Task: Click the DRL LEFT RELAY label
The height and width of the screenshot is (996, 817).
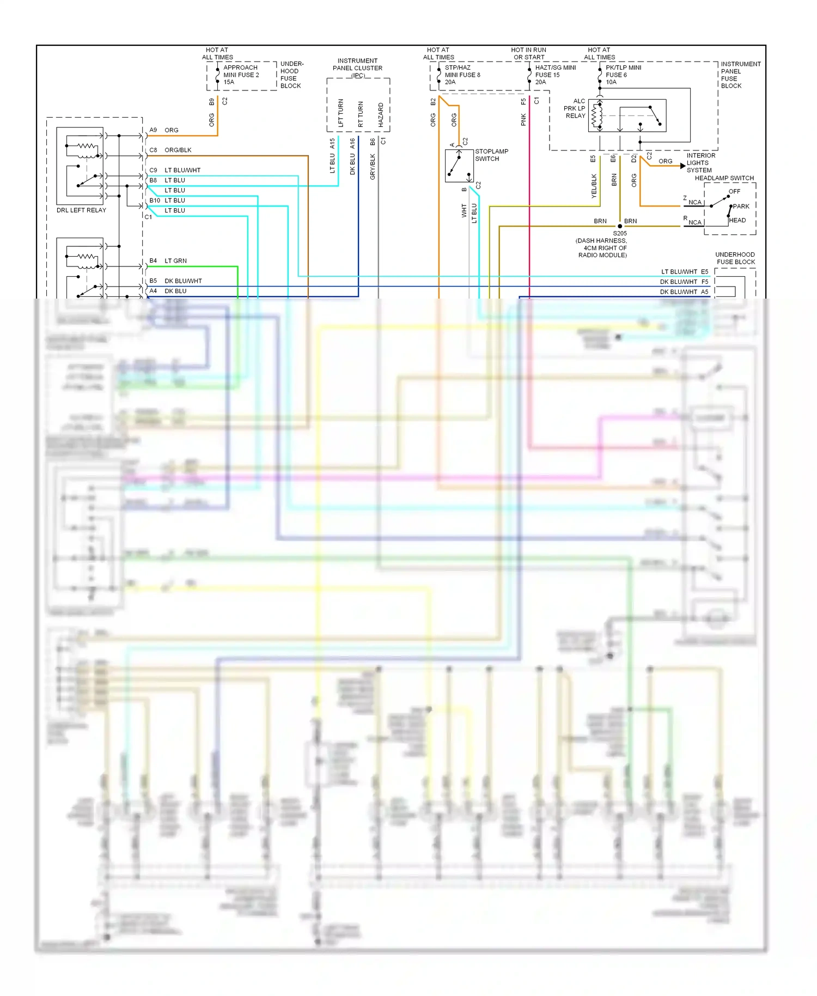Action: pos(81,210)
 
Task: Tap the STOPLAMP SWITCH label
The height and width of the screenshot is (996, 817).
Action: pos(491,155)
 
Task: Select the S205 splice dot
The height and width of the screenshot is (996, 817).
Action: pos(620,226)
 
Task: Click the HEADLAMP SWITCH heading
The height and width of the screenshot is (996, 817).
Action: pos(724,178)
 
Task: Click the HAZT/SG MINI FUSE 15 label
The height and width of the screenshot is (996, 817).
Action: pos(554,75)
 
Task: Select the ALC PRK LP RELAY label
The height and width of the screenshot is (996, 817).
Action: pos(575,108)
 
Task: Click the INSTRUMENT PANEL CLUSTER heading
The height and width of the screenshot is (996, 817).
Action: pos(357,65)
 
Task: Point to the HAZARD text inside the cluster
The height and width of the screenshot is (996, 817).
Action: pos(381,114)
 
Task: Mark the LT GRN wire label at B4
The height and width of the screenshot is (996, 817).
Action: pos(175,261)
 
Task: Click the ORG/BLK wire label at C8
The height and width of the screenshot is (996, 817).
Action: pos(178,150)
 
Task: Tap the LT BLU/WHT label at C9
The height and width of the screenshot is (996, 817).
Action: pos(182,170)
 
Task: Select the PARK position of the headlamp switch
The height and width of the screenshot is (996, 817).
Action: pos(741,207)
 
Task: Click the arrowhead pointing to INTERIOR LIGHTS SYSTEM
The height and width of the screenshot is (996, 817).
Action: pos(683,166)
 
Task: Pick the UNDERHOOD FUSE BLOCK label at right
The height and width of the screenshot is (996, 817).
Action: pos(735,258)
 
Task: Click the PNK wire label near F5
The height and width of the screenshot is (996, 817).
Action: pos(523,120)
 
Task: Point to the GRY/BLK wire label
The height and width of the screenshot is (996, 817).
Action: pos(373,167)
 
